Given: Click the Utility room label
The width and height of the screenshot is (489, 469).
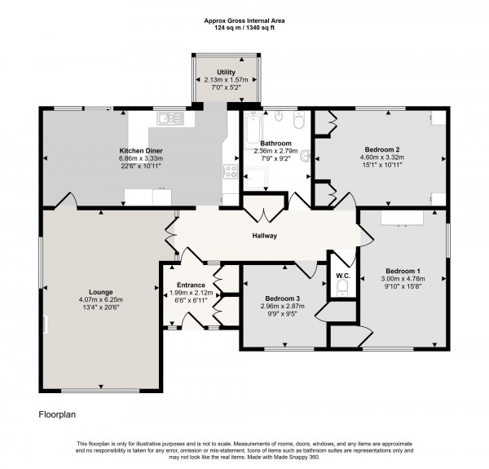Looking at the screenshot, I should click(225, 73).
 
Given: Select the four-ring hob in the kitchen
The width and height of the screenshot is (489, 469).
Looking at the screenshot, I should click(231, 171).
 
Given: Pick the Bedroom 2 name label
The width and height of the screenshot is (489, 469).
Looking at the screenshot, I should click(381, 150).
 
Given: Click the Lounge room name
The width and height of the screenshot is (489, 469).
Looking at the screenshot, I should click(101, 291).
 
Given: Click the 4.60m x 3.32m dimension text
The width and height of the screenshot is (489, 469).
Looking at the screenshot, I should click(381, 158).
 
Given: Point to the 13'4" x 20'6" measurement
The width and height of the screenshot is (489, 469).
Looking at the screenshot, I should click(101, 308).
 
